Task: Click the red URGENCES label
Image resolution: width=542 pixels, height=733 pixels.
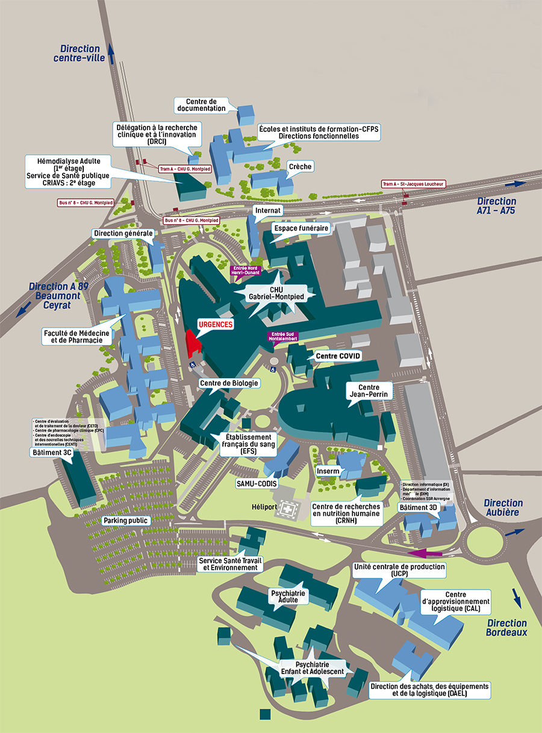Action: (215, 324)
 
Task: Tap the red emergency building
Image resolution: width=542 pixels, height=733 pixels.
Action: (193, 344)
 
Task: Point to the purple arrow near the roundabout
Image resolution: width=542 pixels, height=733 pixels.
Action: (426, 553)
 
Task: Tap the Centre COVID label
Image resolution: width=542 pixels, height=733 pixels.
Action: (338, 356)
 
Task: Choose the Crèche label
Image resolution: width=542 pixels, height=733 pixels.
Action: (301, 166)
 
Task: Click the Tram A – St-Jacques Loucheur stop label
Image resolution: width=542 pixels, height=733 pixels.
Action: (413, 184)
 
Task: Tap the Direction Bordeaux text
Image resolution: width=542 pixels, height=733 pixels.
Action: (506, 628)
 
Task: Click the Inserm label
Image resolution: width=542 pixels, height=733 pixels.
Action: (327, 470)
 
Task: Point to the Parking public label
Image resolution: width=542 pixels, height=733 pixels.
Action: (126, 520)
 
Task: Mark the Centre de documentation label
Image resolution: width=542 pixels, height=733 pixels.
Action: (201, 105)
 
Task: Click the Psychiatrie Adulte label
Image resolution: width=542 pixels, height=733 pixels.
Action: (288, 596)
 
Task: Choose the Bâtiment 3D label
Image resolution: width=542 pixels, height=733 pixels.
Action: (419, 508)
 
